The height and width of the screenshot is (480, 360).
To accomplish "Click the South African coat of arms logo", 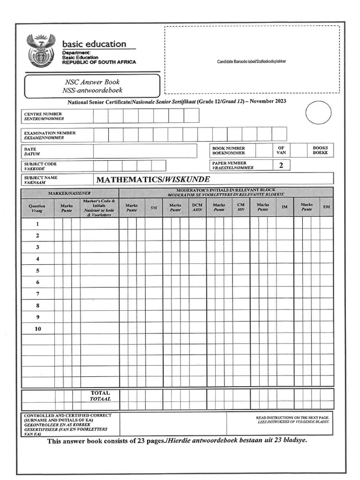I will point(40,51).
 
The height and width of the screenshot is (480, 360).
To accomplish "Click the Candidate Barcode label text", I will point(251,61).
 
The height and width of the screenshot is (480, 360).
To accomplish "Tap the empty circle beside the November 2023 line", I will point(318,113).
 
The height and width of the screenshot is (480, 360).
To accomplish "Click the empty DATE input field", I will point(145,151).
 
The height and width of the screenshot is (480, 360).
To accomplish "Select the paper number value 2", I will point(281,165).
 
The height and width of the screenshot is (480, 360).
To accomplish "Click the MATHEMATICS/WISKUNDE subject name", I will point(153,180).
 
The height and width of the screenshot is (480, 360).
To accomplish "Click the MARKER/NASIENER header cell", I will point(70,193).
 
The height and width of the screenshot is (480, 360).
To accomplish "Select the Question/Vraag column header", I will point(37,208).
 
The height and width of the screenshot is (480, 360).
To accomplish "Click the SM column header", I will point(153,208).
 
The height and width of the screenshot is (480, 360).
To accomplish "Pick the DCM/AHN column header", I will point(197,207).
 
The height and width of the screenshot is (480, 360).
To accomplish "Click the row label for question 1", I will point(37,224).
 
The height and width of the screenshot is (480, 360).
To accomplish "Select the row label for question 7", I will point(37,294).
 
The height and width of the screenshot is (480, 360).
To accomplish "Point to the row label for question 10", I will point(37,329).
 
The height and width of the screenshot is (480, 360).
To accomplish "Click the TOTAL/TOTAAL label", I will point(100,396).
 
